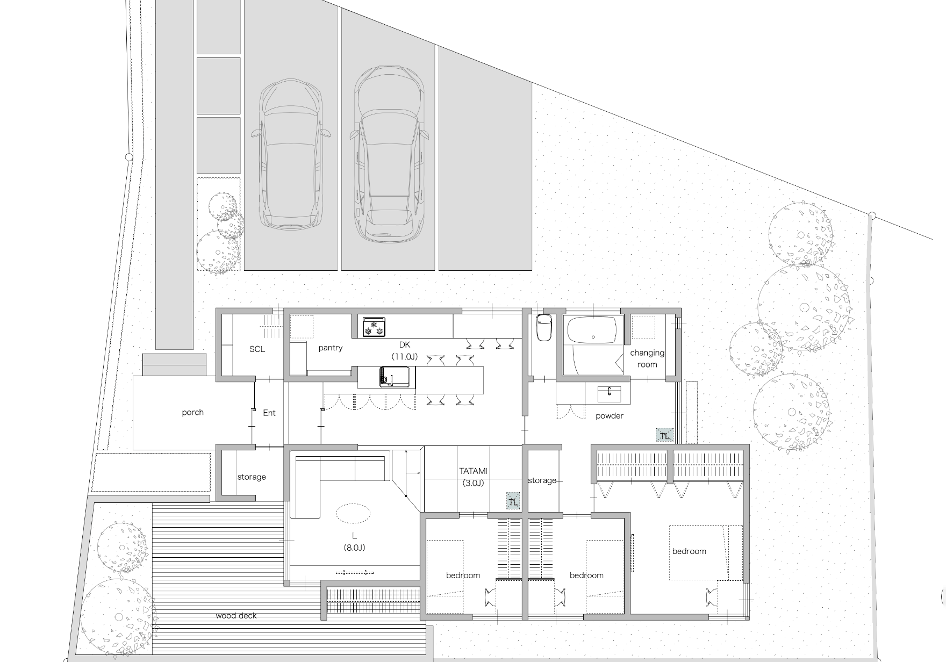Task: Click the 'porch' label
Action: click(192, 413)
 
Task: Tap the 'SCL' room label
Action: click(257, 349)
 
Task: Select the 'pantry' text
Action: click(330, 348)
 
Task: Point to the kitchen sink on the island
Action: click(397, 377)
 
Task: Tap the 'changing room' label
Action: click(647, 358)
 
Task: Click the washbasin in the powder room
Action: click(609, 394)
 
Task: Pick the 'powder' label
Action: click(610, 416)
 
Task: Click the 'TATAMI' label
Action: click(473, 471)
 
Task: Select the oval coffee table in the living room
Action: click(353, 513)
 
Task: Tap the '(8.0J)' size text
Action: click(354, 548)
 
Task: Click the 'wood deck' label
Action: click(236, 616)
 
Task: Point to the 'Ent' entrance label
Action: click(269, 413)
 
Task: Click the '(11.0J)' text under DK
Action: click(405, 356)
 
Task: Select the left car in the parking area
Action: click(292, 154)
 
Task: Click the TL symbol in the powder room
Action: click(664, 435)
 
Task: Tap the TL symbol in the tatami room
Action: click(514, 502)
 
